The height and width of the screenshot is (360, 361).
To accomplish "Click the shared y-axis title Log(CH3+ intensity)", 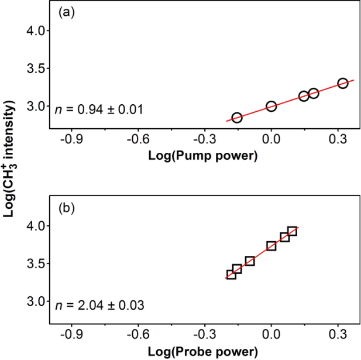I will tap(9, 159).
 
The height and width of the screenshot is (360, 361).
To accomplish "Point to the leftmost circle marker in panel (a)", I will tap(237, 118).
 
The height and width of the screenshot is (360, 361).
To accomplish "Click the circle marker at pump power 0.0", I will tap(271, 106).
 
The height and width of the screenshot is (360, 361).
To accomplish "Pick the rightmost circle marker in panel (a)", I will tap(343, 83).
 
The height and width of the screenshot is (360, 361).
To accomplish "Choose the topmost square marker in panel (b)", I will tap(292, 231).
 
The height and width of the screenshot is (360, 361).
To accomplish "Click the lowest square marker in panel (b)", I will tap(231, 274).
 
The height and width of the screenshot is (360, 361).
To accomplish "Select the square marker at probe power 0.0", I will tap(271, 246).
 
